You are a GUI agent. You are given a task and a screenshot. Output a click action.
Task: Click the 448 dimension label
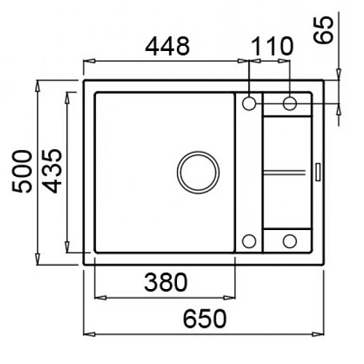coord(167,46)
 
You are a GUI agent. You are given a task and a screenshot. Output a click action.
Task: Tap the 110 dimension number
coord(272,46)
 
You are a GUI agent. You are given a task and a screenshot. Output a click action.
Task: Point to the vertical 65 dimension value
coord(323,30)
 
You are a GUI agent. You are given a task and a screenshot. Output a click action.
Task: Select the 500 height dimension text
coord(22,171)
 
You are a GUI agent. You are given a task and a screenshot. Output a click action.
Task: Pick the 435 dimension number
coord(53,171)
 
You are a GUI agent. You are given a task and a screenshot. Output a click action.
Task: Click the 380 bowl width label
coord(166,282)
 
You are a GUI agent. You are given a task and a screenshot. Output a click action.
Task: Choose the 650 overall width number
coord(205,319)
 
